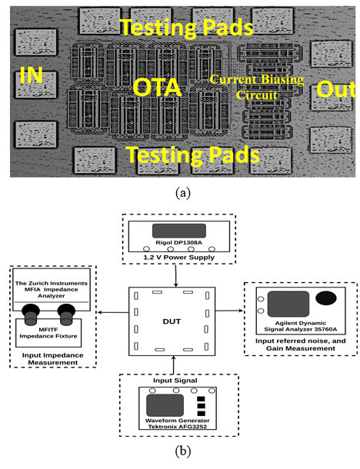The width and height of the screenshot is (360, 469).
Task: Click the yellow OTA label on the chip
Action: tap(157, 88)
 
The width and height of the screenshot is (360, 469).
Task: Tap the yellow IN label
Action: tap(31, 75)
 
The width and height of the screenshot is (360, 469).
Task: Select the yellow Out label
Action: tap(336, 89)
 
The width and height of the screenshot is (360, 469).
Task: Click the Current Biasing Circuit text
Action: tap(257, 87)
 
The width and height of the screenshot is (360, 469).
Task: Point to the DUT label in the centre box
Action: tap(172, 321)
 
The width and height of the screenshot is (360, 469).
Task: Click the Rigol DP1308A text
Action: tap(178, 242)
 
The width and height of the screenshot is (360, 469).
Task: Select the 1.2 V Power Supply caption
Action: tap(178, 258)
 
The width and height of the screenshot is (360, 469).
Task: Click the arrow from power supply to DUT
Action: tap(176, 275)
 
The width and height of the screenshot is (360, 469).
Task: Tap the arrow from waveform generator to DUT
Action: tap(173, 365)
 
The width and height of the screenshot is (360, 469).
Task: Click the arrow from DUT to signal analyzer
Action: tap(229, 311)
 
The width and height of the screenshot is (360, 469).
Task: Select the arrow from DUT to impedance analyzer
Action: tap(113, 313)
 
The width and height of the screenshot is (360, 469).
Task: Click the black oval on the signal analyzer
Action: tap(326, 298)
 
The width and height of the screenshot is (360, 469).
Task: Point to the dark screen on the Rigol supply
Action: tap(179, 231)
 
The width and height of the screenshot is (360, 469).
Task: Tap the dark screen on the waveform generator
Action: tap(165, 405)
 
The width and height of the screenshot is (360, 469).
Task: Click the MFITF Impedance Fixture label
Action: tap(48, 333)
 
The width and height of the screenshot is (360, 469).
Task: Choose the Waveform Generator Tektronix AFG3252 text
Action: tap(178, 423)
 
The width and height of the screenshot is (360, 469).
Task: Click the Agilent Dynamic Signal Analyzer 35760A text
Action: tap(301, 326)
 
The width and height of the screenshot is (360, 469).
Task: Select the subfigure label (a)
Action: tap(183, 193)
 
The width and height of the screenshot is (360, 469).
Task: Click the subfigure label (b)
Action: tap(183, 451)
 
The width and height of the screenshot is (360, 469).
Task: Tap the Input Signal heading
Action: tap(175, 381)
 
